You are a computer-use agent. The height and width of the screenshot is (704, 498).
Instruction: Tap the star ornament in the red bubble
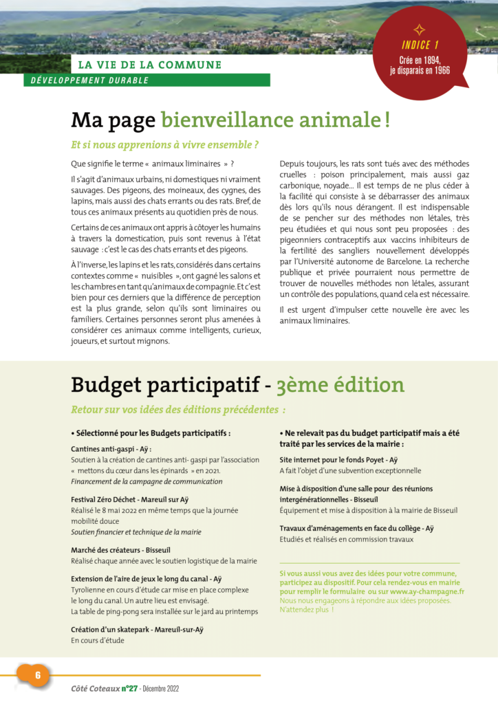coord(419,30)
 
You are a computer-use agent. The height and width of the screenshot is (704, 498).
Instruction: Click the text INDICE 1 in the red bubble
coord(420,45)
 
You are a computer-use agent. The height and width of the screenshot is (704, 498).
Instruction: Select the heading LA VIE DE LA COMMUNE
coord(149,65)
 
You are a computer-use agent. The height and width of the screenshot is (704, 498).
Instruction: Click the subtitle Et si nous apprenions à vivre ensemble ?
coord(165,146)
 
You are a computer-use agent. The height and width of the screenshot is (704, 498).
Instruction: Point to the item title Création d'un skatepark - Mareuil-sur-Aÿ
coord(137,629)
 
